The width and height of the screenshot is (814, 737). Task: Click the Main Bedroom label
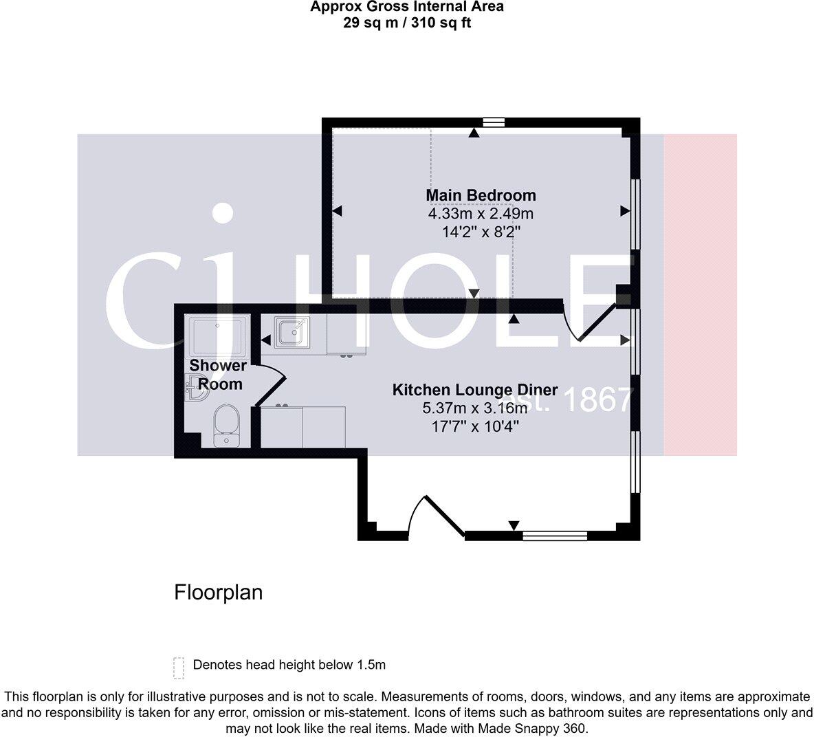pyautogui.click(x=481, y=195)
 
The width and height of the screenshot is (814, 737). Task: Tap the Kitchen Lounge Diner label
pyautogui.click(x=474, y=390)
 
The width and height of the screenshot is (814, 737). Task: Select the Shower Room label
pyautogui.click(x=217, y=375)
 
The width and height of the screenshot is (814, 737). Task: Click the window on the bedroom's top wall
pyautogui.click(x=493, y=122)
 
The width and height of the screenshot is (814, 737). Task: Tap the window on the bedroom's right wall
pyautogui.click(x=636, y=213)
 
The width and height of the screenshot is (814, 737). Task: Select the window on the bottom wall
pyautogui.click(x=555, y=535)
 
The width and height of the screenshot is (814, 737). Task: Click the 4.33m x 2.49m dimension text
pyautogui.click(x=481, y=214)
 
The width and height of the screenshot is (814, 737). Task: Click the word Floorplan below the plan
pyautogui.click(x=218, y=592)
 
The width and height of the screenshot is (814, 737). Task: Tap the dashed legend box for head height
pyautogui.click(x=179, y=667)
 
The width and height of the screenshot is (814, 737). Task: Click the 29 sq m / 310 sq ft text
pyautogui.click(x=406, y=23)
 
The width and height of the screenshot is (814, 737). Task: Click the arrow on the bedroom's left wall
pyautogui.click(x=337, y=212)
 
